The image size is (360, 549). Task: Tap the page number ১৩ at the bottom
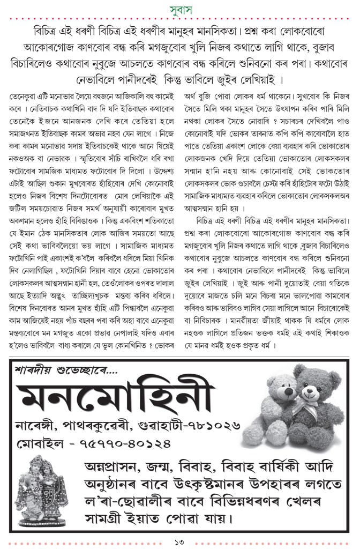pyautogui.click(x=180, y=541)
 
